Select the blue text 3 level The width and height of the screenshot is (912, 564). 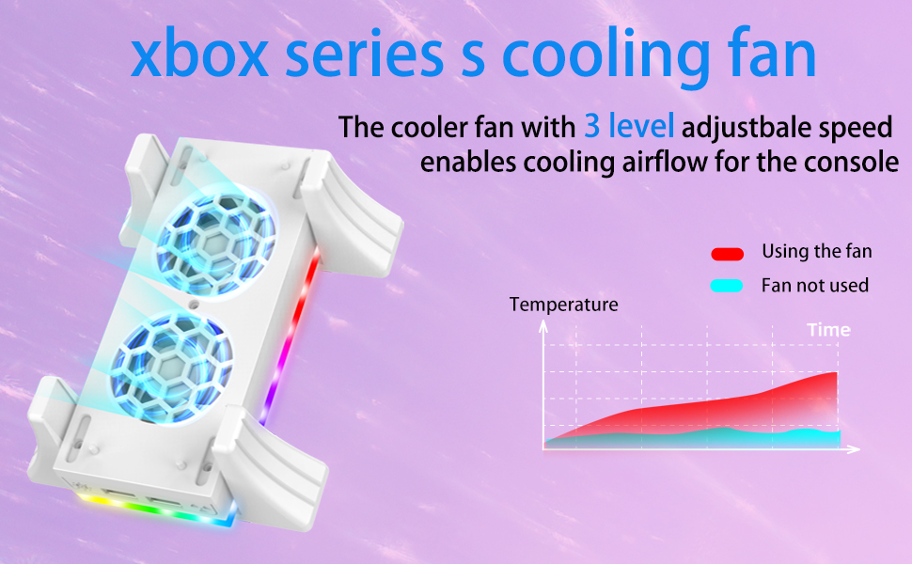[629, 125]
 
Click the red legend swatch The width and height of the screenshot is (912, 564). [727, 253]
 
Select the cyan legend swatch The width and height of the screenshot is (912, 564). [727, 286]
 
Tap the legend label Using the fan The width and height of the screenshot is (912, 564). [816, 251]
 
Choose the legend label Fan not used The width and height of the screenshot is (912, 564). [814, 285]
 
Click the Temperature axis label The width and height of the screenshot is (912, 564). [563, 305]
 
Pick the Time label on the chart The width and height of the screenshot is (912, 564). [828, 330]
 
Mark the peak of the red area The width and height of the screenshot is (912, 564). [835, 374]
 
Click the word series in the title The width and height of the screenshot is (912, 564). [362, 56]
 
